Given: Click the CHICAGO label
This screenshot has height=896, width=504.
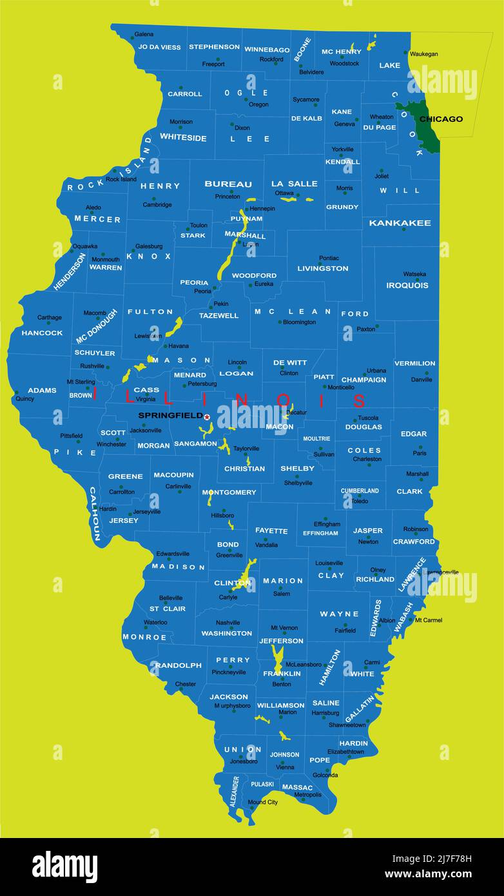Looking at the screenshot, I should point(441,119).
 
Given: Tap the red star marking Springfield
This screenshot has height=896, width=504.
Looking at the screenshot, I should point(207,417).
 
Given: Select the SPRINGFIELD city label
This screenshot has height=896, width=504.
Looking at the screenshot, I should point(170,416).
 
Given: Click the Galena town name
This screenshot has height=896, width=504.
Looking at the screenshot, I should point(144,34).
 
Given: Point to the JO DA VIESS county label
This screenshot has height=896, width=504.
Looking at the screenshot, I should point(159,47).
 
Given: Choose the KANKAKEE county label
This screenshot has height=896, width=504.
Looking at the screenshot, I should point(400,223).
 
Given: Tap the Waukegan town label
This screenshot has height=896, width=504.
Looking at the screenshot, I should point(423,54).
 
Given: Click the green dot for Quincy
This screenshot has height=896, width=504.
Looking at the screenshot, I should point(16,392).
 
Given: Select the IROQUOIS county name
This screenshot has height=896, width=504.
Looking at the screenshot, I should point(407,285).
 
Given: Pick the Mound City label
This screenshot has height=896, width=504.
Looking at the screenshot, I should point(262,802).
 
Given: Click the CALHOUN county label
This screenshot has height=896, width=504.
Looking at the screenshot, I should point(94,514).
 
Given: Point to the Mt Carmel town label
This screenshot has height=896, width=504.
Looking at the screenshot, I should point(428,620).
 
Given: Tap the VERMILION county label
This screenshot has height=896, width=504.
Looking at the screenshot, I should point(414,364).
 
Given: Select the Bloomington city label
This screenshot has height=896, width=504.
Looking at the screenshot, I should point(299,322).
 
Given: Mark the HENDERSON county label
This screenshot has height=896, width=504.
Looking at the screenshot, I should point(70,271).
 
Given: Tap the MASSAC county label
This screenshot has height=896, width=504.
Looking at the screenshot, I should point(297,787).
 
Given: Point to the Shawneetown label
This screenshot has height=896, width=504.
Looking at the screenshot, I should point(347,725).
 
